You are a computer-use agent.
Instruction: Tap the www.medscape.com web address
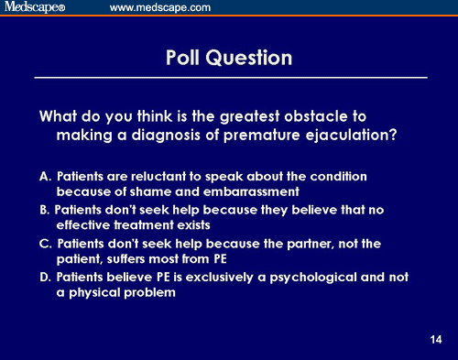160,8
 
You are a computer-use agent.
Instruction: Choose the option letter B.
44,209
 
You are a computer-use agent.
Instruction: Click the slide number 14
435,341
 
